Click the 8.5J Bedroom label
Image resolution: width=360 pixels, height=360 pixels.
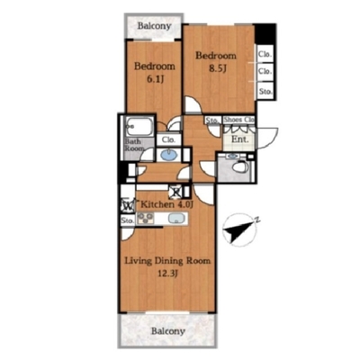click(x=216, y=62)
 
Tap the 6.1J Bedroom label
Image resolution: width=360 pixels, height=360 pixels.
click(x=155, y=72)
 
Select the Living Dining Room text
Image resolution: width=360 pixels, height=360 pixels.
click(x=167, y=261)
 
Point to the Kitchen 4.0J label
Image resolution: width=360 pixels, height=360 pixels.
click(x=166, y=204)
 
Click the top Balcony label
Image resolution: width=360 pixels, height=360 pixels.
click(x=154, y=26)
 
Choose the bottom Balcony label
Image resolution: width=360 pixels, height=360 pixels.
click(x=168, y=331)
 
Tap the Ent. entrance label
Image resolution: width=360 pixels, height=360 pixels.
click(x=240, y=139)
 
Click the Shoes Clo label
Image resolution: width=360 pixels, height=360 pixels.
click(x=239, y=120)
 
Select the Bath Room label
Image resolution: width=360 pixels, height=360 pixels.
click(x=134, y=145)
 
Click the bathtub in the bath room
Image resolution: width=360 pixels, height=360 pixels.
click(x=139, y=127)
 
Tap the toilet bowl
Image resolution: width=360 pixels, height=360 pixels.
click(x=239, y=166)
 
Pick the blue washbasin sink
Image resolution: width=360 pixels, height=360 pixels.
click(x=169, y=155)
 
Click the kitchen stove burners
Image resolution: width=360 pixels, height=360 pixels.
click(x=145, y=219)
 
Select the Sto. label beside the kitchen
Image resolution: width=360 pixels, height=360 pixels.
click(x=128, y=220)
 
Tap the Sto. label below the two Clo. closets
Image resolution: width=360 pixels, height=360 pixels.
click(x=265, y=91)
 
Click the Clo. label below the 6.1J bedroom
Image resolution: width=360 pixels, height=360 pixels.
click(x=169, y=139)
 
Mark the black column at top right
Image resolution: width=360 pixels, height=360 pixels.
click(x=265, y=33)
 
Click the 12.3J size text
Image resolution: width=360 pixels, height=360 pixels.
click(x=168, y=274)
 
